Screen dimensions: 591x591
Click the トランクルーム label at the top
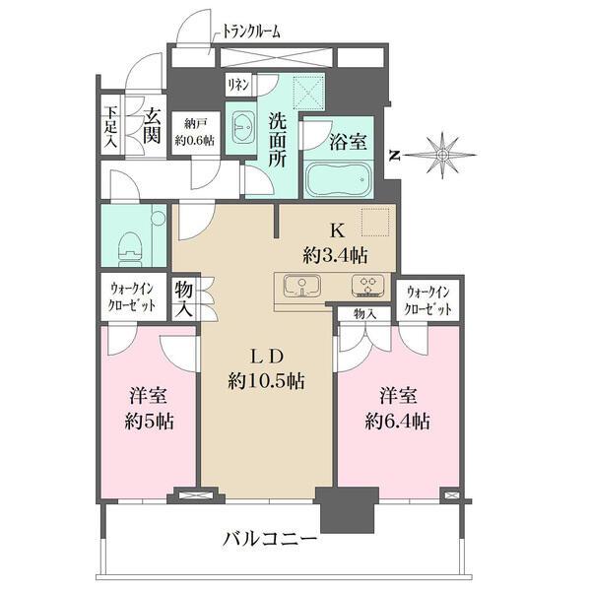pos(247,32)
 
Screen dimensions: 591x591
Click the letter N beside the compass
pos(394,155)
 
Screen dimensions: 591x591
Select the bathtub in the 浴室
pos(338,181)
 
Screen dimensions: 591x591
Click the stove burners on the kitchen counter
pos(368,287)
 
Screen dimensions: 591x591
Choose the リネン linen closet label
pos(237,85)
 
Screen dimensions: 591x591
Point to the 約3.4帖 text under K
pos(338,255)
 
